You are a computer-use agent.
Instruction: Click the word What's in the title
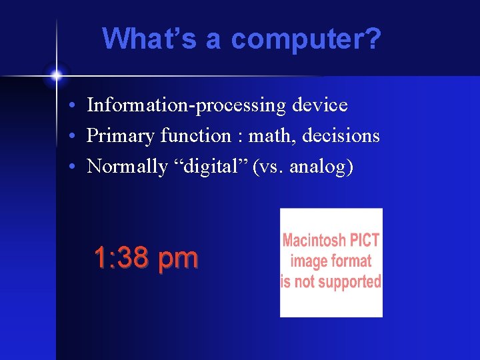click(150, 39)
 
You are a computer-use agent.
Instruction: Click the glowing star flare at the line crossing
click(57, 75)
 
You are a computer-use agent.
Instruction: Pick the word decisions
click(341, 136)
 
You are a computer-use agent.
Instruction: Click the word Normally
click(127, 167)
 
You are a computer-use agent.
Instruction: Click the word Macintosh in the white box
click(313, 240)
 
